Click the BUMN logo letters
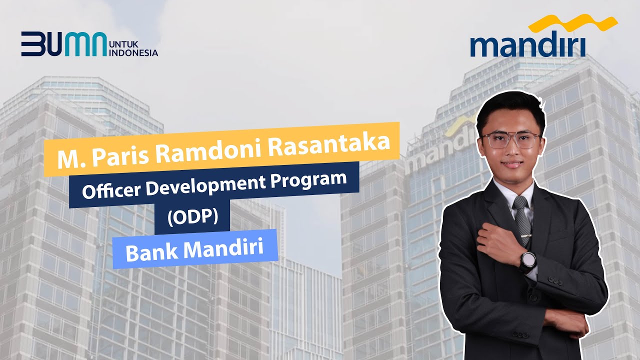pos(63,43)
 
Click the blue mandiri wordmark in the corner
pos(527,45)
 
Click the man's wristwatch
pos(527,260)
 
